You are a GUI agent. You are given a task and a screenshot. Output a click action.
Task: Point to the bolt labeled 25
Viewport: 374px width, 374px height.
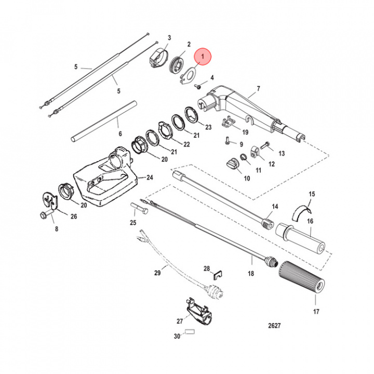(x=138, y=209)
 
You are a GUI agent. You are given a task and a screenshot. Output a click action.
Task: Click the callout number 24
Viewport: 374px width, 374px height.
(x=150, y=177)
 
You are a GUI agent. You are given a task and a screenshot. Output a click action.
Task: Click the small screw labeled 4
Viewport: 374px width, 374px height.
(x=198, y=87)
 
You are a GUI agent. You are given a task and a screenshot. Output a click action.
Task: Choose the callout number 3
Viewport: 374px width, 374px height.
(x=169, y=38)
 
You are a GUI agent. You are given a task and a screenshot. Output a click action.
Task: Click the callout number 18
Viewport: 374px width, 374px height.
(x=250, y=273)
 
